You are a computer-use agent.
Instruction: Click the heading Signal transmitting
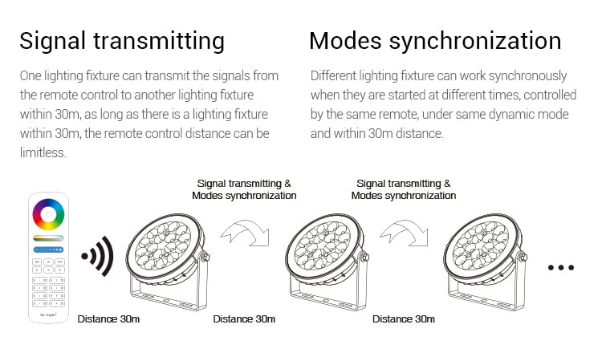tap(122, 41)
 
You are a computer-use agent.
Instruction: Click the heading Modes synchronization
tap(435, 41)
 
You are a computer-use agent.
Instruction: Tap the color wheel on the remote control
tap(48, 214)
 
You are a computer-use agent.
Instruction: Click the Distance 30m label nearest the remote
tap(108, 318)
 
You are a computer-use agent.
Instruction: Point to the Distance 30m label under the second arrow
tap(404, 318)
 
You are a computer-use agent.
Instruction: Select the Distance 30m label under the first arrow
tap(244, 318)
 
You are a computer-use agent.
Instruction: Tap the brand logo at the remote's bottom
tap(48, 318)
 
